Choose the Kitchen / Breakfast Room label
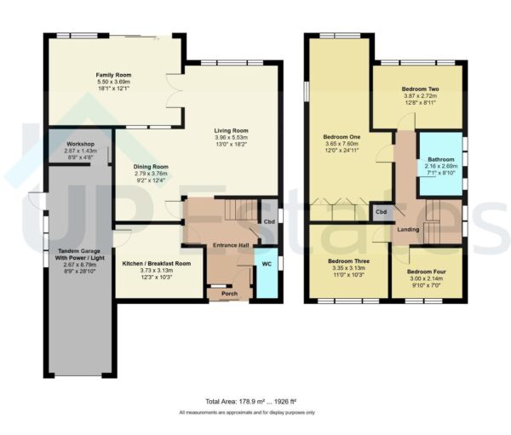tap(156, 263)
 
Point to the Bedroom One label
tap(341, 136)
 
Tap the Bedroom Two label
tap(419, 89)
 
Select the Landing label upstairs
tap(410, 230)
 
